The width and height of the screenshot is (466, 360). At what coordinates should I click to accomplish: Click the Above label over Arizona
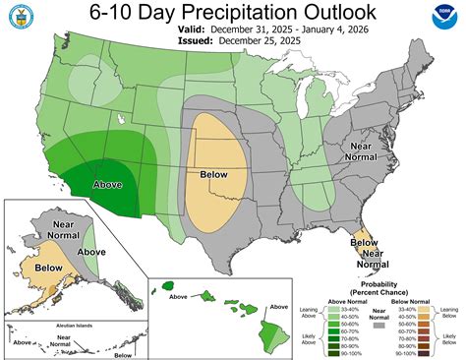(x=109, y=184)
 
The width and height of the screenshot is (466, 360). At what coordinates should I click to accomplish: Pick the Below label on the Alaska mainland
(x=44, y=266)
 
